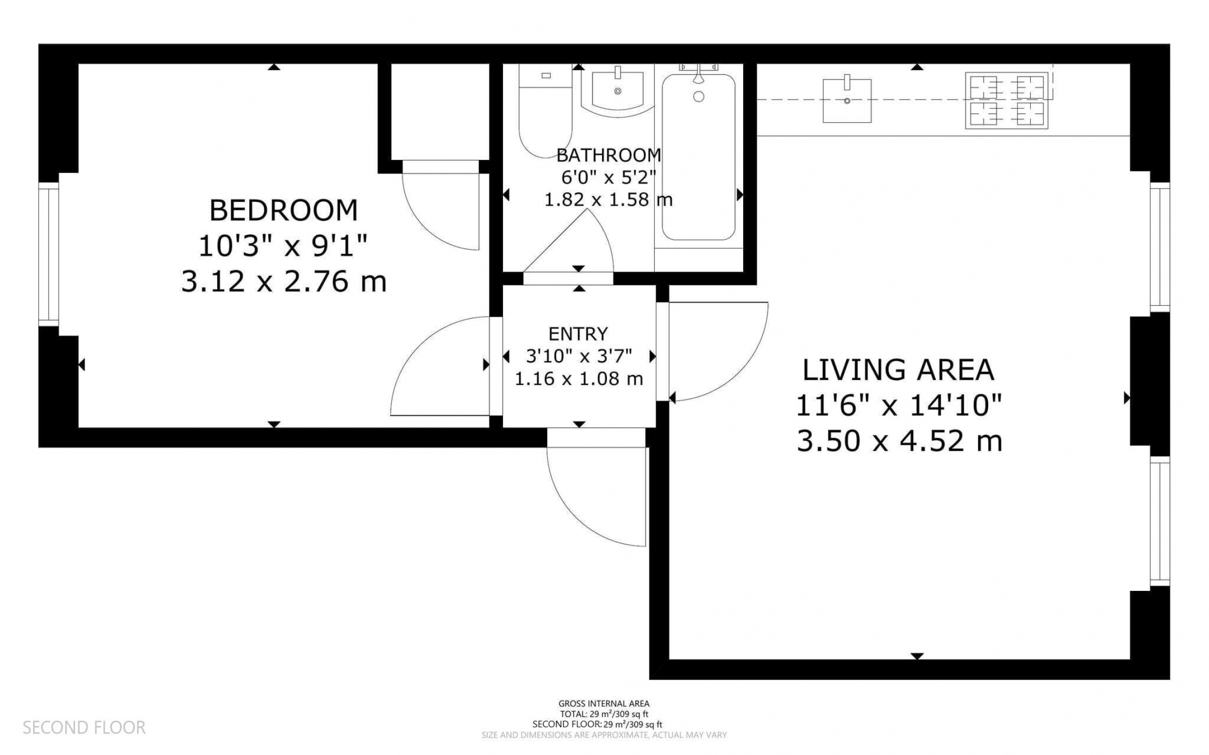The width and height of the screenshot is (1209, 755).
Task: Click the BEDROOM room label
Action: (x=283, y=210)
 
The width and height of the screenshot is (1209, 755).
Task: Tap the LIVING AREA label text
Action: (x=898, y=370)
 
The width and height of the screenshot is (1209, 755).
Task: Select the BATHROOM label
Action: (x=608, y=155)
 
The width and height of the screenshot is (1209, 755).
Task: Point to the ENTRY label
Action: (x=578, y=334)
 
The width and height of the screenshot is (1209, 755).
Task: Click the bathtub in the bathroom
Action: (x=698, y=157)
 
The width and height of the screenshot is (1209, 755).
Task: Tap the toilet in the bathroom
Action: (x=545, y=111)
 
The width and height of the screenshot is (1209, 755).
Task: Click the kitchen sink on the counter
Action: (x=847, y=100)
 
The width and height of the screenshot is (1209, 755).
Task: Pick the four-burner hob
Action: (x=1006, y=100)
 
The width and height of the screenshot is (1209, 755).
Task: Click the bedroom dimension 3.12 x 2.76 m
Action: (x=284, y=282)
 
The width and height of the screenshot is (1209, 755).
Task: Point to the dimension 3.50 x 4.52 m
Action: (x=899, y=441)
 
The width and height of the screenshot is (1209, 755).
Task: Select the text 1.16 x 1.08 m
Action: (x=579, y=379)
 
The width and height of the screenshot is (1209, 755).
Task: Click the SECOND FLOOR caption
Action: (x=84, y=727)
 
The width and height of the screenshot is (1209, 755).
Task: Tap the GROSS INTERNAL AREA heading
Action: (x=604, y=704)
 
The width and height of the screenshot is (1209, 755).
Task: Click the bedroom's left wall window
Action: (x=48, y=254)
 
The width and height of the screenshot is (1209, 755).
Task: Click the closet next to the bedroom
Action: (x=440, y=112)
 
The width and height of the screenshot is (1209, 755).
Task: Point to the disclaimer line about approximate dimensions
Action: (x=604, y=735)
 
